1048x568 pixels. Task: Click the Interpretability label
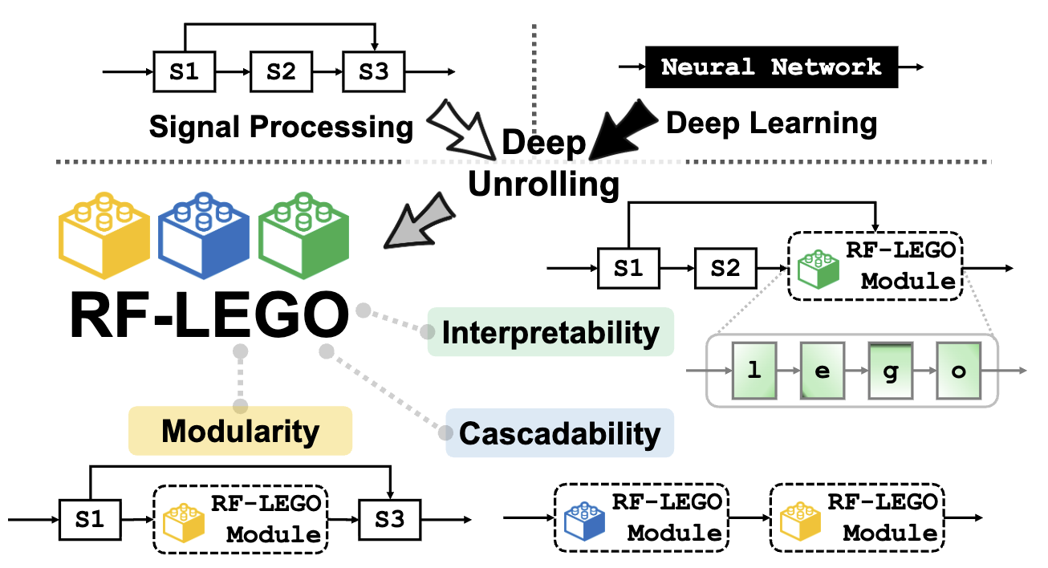point(550,332)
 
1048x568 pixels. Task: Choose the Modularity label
point(240,431)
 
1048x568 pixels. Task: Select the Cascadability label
point(559,433)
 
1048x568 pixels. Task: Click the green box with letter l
point(753,371)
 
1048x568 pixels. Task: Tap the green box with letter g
point(889,371)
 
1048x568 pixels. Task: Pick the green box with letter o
point(958,371)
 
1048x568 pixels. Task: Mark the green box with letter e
point(821,371)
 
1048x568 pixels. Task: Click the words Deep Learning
point(771,123)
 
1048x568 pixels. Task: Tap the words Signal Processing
point(281,126)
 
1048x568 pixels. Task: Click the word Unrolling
point(543,185)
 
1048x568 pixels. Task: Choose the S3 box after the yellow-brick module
point(389,519)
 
